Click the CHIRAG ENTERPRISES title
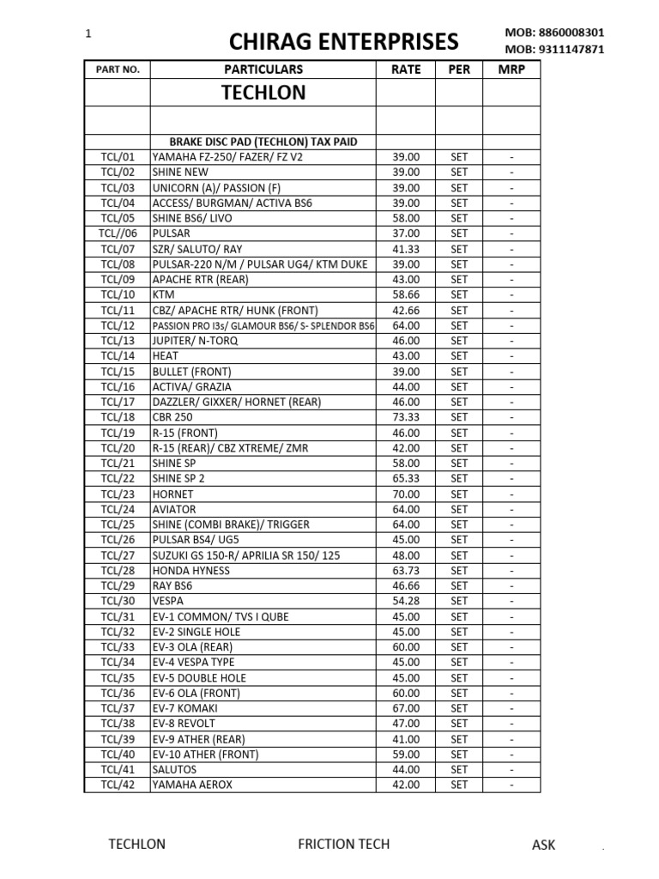pos(343,41)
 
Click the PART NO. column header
pos(118,70)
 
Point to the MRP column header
pos(511,70)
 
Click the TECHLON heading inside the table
pos(263,94)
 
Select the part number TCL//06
pos(118,233)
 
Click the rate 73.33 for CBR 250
pos(405,417)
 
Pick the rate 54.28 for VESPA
pos(405,601)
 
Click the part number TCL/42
pos(118,785)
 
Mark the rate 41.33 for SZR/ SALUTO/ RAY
pos(405,249)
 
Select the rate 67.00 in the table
pos(405,708)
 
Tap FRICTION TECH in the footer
pos(343,844)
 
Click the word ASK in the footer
pos(543,845)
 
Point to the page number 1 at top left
pos(88,33)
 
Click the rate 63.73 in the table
pos(405,571)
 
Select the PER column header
pos(459,70)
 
